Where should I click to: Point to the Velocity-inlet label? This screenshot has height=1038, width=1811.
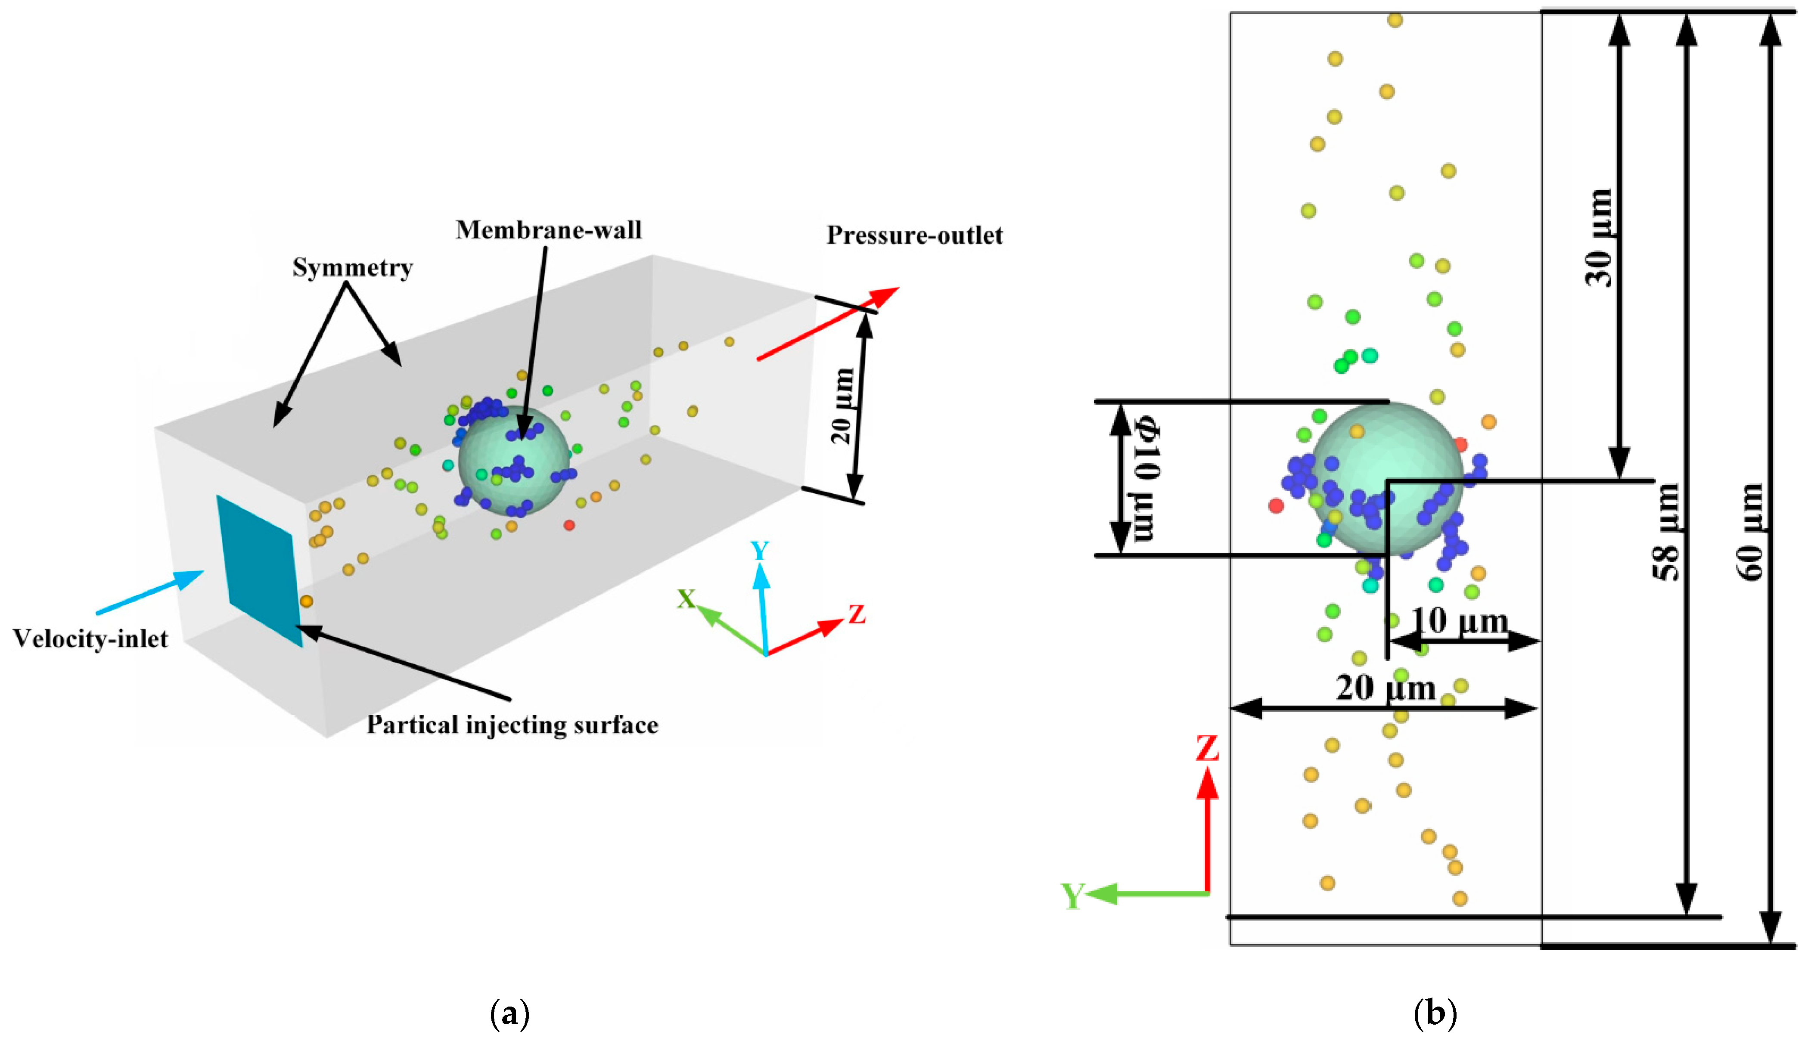coord(90,639)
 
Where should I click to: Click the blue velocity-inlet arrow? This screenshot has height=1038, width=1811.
coord(150,592)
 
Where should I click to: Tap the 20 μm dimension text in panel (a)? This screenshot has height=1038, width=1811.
coord(843,406)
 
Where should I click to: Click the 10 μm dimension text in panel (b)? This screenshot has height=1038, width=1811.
coord(1460,620)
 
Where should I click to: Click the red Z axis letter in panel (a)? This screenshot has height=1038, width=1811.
coord(856,614)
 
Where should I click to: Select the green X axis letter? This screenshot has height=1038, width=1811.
coord(686,599)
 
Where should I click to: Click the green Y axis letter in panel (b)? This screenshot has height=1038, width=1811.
coord(1072,895)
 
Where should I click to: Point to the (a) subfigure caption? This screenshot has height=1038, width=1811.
coord(510,1013)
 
